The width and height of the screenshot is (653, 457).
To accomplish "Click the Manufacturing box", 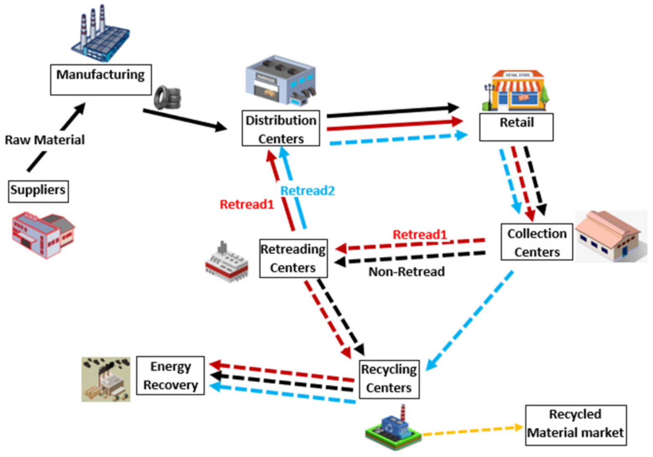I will (100, 79).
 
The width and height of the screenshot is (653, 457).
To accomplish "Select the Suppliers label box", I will (38, 191).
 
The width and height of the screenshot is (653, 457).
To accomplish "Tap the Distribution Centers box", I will (280, 128).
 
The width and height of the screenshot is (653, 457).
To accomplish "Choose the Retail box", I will (516, 127).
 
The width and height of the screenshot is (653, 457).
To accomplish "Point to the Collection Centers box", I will (537, 242).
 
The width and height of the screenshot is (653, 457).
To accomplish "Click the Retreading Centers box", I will (293, 258).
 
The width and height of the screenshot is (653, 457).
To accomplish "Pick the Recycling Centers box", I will (389, 379).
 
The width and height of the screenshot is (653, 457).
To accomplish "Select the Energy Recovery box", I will (170, 375).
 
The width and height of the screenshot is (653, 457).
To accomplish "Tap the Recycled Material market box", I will (576, 424).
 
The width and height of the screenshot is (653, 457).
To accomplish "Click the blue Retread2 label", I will (307, 191).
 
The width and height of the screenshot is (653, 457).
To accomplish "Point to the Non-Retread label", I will (406, 272).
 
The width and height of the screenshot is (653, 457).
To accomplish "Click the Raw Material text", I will (45, 140).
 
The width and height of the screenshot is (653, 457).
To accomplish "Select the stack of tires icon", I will (167, 97).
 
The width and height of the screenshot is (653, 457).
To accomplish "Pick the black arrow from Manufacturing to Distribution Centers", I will (184, 119).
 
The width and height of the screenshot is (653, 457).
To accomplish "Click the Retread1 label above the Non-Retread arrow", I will (419, 235).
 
